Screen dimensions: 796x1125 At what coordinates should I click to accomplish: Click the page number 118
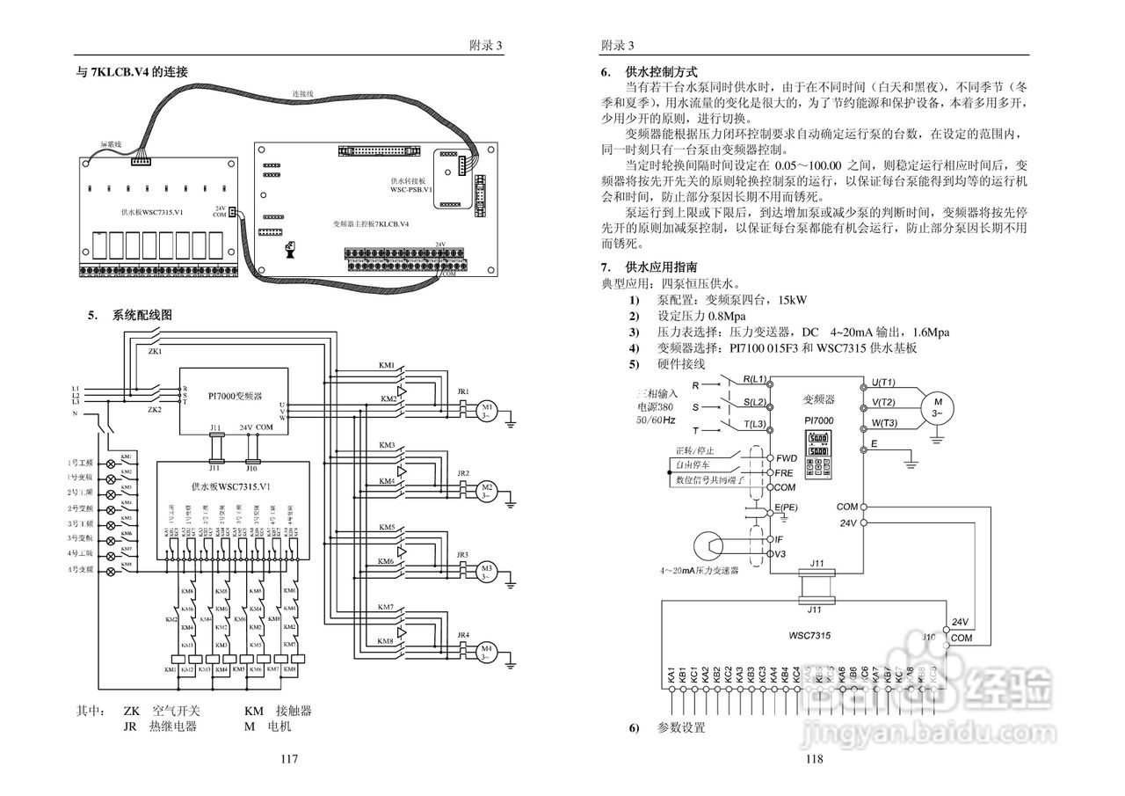click(813, 759)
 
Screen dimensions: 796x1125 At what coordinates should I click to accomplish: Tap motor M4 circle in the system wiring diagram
click(486, 652)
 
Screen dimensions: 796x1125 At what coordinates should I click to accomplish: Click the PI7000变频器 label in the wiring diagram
click(235, 397)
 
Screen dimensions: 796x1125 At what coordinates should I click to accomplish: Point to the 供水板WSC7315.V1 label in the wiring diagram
click(230, 486)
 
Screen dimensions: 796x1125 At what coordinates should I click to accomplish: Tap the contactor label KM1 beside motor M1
click(386, 365)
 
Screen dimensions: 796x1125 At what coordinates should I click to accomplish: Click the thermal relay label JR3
click(463, 554)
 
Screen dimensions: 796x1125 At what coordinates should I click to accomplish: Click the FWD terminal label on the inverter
click(785, 458)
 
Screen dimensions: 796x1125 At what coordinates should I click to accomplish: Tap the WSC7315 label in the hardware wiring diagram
click(810, 634)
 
